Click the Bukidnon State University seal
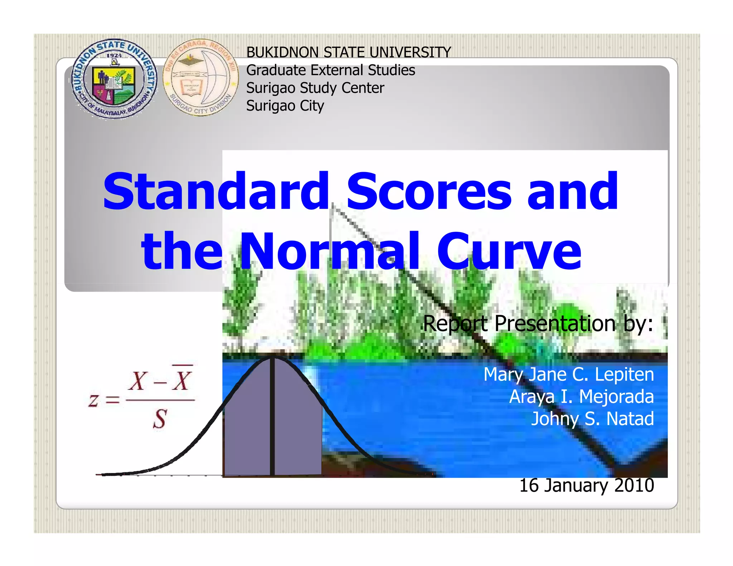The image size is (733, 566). click(114, 79)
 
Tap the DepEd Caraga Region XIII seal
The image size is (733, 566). click(200, 78)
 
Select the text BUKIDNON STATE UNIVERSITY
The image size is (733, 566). click(348, 52)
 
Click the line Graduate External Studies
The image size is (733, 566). click(330, 70)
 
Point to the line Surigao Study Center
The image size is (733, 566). click(315, 88)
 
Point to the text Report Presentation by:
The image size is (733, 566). click(538, 324)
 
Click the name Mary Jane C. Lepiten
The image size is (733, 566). click(568, 375)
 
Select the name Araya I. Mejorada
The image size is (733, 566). click(581, 397)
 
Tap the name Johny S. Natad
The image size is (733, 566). click(592, 419)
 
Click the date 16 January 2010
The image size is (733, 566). click(586, 486)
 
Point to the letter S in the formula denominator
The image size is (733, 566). click(160, 419)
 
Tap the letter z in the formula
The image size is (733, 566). click(93, 400)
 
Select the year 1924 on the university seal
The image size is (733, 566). click(114, 55)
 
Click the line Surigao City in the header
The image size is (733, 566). click(285, 106)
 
